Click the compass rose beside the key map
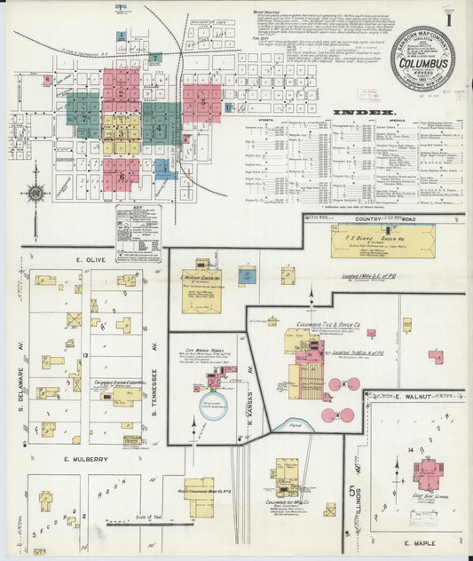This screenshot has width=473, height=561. click(x=36, y=193)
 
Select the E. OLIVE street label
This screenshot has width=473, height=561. click(x=91, y=258)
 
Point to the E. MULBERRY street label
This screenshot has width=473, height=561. click(x=86, y=459)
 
